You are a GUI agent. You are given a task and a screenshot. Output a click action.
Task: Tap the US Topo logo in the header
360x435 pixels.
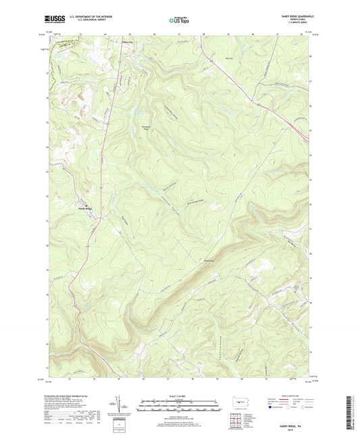179,21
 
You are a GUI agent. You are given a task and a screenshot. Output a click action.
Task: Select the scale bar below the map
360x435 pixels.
179,407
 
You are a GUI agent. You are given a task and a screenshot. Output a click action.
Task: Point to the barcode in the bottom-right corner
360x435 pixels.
352,413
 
